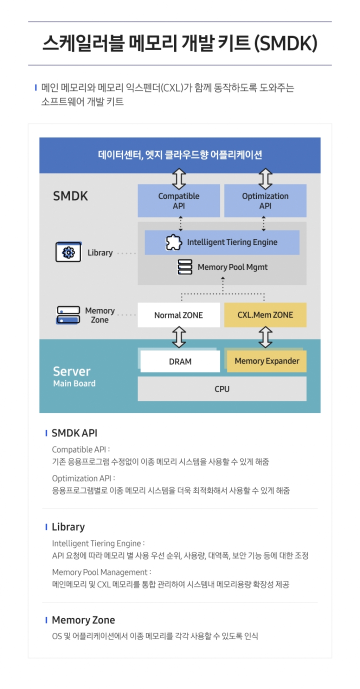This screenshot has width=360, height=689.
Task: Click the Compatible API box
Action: [x=178, y=200]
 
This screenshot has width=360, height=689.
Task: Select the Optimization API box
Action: [x=265, y=200]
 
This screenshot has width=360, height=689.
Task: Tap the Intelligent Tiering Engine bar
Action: [x=222, y=242]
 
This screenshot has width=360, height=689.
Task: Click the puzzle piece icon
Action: [x=173, y=242]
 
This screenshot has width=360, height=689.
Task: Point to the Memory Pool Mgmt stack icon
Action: [x=185, y=267]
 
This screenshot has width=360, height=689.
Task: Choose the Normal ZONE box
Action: [x=178, y=315]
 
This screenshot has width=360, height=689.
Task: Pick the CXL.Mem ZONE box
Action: [x=265, y=315]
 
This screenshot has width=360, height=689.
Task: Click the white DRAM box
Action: [x=180, y=361]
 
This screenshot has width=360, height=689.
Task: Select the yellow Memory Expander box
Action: [x=266, y=361]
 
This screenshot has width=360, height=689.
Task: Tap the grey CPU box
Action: [x=222, y=388]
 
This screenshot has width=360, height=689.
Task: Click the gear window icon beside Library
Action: [x=68, y=252]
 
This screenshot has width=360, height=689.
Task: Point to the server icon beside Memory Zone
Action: [x=68, y=315]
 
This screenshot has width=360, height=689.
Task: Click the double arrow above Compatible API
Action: [x=178, y=178]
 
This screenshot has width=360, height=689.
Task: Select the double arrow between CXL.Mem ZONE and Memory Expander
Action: [x=265, y=337]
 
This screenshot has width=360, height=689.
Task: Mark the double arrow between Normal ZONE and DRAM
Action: [x=178, y=337]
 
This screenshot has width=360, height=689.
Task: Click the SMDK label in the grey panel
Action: [x=70, y=196]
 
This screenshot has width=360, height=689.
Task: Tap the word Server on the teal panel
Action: [x=71, y=371]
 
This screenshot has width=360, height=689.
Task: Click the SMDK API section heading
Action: [x=74, y=433]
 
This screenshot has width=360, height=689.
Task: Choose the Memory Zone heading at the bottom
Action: [x=83, y=620]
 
